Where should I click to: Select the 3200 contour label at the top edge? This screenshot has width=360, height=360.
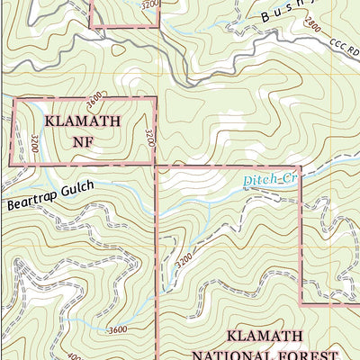pos(149,4)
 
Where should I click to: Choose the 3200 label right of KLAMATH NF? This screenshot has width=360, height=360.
pos(148,137)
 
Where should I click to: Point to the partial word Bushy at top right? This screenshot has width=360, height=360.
pos(289,14)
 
